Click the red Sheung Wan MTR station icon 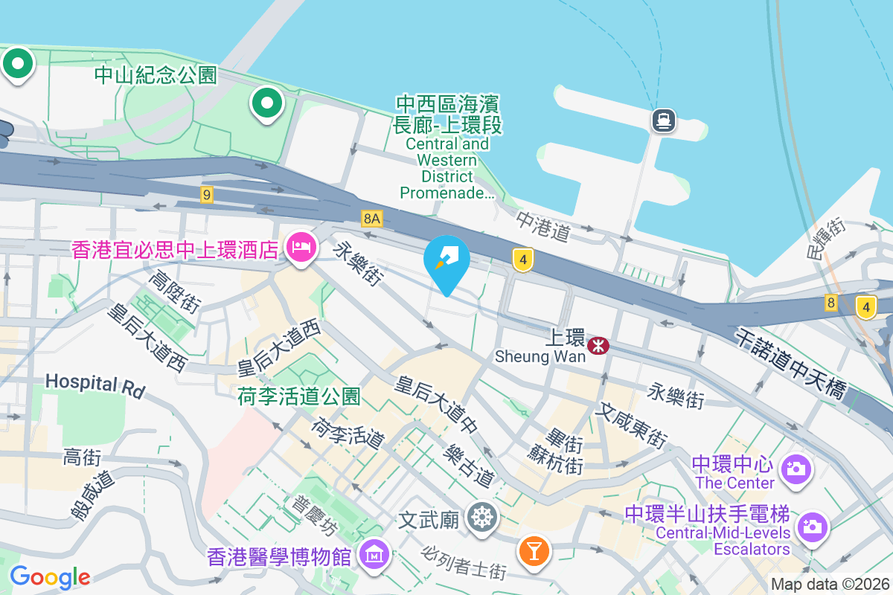pos(598,345)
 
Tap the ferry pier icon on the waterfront pos(663,120)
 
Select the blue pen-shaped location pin pos(446,262)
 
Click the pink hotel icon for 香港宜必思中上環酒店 pos(301,246)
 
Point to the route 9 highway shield pos(207,195)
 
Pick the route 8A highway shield pos(372,218)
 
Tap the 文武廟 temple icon pos(482,518)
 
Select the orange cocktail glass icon pos(534,550)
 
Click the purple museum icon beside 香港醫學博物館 pos(371,553)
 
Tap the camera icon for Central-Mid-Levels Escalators pos(812,526)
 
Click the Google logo pos(50,577)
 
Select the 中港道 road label pos(543,227)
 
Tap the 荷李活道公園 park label pos(299,396)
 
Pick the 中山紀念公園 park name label pos(156,74)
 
